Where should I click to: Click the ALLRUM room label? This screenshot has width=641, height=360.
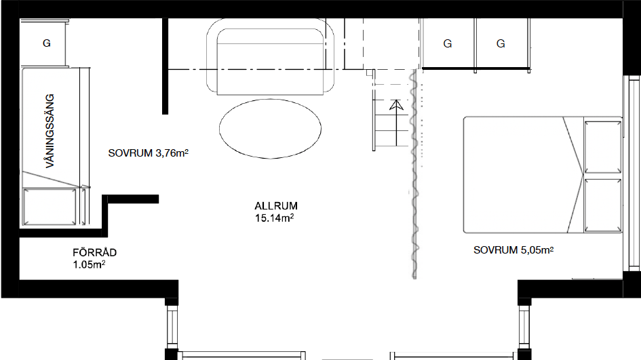click(276, 206)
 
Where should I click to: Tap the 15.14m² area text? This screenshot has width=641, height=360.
click(274, 218)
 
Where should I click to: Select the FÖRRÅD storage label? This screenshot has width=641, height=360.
click(94, 252)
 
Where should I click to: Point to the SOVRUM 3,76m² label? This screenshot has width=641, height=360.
click(148, 153)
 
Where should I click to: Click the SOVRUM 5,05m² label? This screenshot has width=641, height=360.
click(513, 250)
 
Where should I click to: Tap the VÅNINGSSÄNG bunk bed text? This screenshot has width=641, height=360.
click(50, 131)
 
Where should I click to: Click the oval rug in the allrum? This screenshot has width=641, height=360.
click(270, 128)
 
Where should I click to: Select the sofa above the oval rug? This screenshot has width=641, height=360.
click(270, 56)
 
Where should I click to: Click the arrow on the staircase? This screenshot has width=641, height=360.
click(396, 123)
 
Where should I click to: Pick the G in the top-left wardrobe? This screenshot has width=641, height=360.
click(47, 43)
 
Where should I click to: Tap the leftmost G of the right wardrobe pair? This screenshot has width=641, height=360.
click(448, 43)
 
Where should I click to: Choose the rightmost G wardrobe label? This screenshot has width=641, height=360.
click(501, 43)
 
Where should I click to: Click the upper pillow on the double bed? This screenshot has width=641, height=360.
click(603, 146)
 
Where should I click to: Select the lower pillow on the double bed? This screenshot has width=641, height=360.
click(603, 205)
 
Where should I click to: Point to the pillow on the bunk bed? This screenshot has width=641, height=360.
click(50, 207)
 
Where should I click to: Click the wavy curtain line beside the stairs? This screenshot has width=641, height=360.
click(414, 174)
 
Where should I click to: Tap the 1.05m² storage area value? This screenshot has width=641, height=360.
click(89, 264)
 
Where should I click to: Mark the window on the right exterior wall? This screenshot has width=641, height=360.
click(632, 174)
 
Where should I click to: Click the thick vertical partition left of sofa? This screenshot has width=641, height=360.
click(165, 66)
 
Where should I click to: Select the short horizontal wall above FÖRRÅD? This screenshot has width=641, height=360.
click(130, 199)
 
